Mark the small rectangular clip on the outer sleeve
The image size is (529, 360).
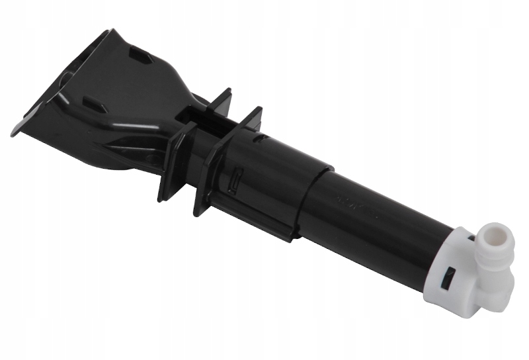234,179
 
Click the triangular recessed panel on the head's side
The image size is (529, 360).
126,143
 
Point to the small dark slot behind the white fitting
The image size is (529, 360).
470,233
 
